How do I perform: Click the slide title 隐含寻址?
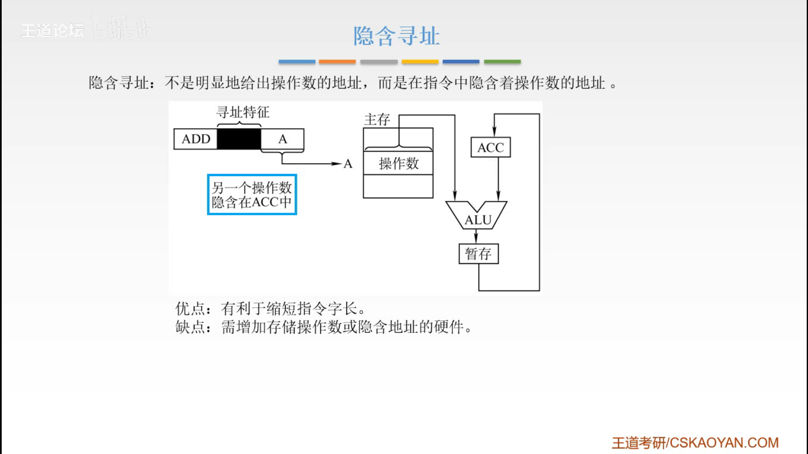tap(396, 36)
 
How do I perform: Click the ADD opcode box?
tap(196, 139)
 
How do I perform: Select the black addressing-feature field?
tap(239, 139)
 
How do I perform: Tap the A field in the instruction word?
tap(282, 139)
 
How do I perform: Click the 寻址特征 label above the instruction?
tap(242, 112)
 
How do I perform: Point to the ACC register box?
tap(490, 148)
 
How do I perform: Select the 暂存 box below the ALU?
tap(478, 254)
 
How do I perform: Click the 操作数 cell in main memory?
tap(398, 163)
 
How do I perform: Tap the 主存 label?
tap(377, 120)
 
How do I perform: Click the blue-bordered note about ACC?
tap(252, 195)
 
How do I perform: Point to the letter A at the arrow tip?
tap(348, 164)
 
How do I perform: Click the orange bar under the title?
tap(337, 62)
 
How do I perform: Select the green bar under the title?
tap(502, 62)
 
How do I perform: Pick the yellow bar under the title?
tap(420, 62)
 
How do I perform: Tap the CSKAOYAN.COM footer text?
tap(724, 443)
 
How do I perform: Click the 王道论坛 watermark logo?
tap(53, 31)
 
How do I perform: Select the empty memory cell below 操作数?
tap(398, 186)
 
